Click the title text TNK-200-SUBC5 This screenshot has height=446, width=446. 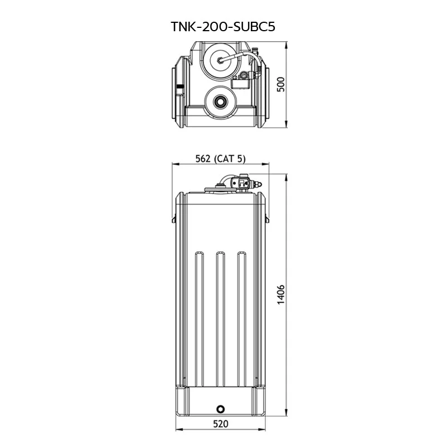(x=223, y=27)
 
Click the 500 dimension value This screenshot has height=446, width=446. (x=281, y=84)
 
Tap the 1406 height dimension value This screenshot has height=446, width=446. (x=281, y=294)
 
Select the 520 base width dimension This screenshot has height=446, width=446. (x=221, y=424)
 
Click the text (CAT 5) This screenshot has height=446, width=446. (x=230, y=158)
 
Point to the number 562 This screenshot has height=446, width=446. (x=203, y=158)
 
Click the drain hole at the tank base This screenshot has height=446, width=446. (x=220, y=409)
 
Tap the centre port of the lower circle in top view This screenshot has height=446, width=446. (x=220, y=101)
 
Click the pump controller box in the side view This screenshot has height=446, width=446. (x=241, y=182)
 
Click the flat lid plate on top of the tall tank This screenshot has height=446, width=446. (x=220, y=190)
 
